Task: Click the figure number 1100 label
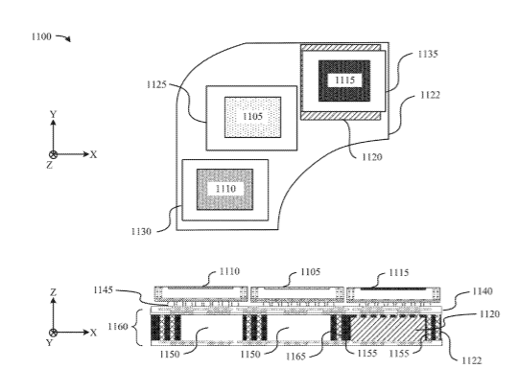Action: [x=41, y=36]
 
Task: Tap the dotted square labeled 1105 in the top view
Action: [x=252, y=117]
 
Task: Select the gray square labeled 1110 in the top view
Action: [x=225, y=190]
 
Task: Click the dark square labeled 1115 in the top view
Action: [x=344, y=81]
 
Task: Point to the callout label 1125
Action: [x=156, y=84]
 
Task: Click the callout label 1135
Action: [x=428, y=54]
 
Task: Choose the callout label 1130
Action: [x=141, y=232]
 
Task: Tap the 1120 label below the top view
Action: [x=372, y=157]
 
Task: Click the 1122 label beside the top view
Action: [x=430, y=95]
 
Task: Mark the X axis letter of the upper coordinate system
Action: [x=94, y=154]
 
